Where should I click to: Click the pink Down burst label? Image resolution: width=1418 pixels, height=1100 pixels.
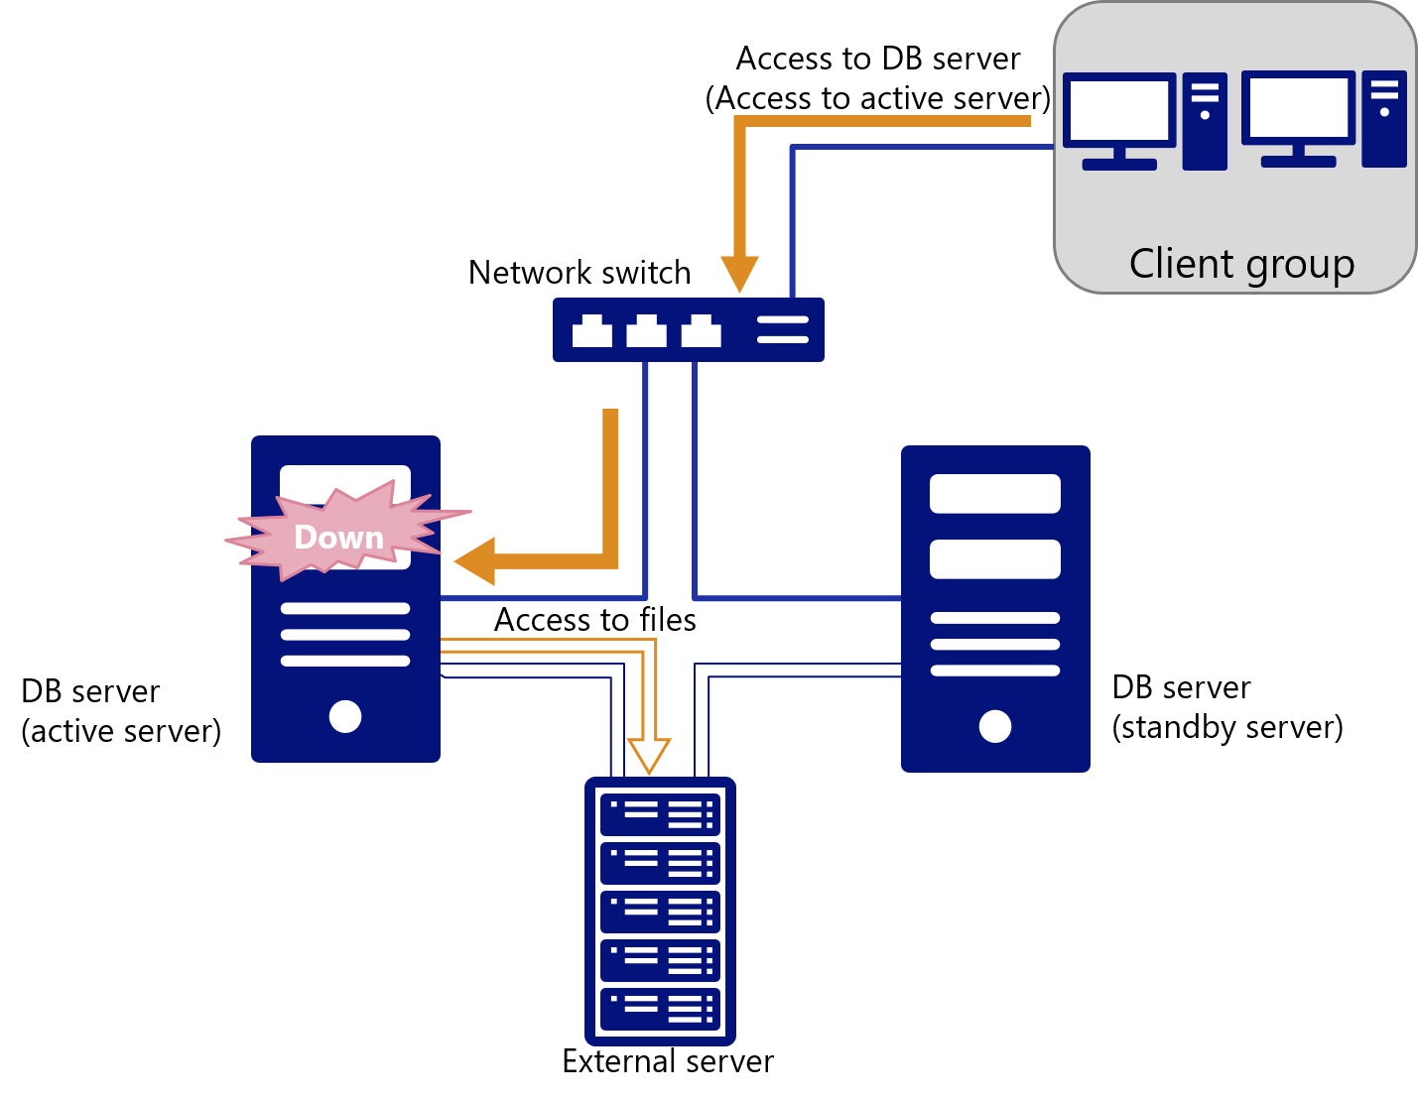point(339,537)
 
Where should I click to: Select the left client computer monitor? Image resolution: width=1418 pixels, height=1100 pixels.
point(1119,111)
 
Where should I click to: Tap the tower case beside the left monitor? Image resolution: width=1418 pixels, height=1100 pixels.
point(1205,121)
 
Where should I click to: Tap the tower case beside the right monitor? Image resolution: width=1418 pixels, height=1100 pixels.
point(1384,119)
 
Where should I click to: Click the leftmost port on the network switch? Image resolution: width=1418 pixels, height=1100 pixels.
point(592,331)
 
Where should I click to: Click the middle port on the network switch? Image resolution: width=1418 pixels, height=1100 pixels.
point(646,331)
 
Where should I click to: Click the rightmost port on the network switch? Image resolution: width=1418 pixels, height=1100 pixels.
point(701,331)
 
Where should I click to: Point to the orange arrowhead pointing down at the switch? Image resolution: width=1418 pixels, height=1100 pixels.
point(739,274)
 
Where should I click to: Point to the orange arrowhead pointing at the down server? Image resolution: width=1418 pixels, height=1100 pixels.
point(475,561)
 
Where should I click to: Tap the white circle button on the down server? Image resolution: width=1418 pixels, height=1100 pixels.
point(345,716)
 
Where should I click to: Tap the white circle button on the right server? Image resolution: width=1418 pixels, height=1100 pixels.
point(995,726)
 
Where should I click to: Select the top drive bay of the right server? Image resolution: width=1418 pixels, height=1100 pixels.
point(995,494)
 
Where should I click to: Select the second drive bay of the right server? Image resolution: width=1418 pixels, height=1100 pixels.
point(995,559)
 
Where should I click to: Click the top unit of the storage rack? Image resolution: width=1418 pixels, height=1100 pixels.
point(660,815)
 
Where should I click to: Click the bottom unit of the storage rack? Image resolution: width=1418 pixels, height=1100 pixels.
point(660,1009)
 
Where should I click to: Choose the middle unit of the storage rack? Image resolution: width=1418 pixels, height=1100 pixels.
point(660,912)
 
